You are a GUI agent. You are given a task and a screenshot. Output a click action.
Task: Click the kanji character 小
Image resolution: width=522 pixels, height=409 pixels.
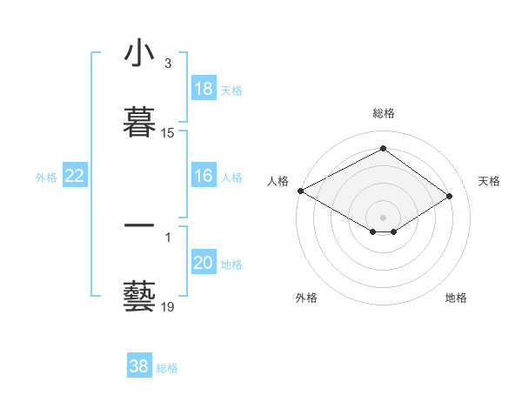tap(139, 54)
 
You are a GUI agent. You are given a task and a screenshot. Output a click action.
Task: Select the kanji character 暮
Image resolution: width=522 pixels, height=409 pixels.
tap(139, 119)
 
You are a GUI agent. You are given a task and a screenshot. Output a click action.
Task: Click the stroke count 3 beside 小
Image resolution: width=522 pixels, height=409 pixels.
tap(167, 64)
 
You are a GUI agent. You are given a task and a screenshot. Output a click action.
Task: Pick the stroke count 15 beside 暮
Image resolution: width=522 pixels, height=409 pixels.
tap(167, 133)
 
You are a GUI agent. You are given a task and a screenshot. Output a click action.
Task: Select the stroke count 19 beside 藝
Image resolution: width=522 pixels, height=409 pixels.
tap(167, 306)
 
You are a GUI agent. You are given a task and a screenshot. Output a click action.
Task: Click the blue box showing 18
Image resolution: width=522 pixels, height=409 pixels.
tap(204, 89)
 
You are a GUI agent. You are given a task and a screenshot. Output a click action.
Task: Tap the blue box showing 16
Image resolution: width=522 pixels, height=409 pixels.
tap(204, 177)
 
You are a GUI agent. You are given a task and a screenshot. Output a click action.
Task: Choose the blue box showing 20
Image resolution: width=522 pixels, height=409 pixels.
tap(204, 264)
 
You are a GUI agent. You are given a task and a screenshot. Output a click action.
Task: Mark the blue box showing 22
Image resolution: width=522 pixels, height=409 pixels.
tap(75, 177)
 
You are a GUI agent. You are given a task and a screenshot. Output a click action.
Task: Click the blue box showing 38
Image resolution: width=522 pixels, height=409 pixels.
tap(139, 366)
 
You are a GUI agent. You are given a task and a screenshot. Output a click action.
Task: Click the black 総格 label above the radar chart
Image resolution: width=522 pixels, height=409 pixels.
tap(384, 114)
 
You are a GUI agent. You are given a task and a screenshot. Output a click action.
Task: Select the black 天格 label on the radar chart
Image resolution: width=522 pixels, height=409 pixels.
tap(490, 181)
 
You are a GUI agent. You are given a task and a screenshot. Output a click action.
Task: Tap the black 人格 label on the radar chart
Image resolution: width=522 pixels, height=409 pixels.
tap(278, 181)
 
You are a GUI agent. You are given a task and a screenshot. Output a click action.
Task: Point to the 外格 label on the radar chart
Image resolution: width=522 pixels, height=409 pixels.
tap(306, 298)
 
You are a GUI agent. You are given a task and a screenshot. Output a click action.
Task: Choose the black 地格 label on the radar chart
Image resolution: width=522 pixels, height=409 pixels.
tap(456, 298)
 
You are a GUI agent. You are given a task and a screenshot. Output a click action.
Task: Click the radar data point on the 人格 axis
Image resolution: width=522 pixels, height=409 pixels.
tap(300, 191)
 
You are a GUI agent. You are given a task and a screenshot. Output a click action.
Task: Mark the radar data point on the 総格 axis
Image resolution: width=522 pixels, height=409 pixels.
tap(383, 149)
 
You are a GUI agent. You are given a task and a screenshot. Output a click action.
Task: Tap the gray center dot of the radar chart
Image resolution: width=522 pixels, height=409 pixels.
tap(383, 217)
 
